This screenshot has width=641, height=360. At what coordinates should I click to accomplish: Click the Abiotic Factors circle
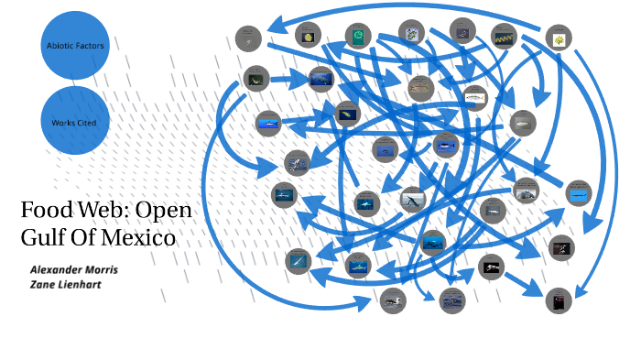click(x=75, y=43)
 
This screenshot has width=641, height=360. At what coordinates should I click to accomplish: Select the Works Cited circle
click(x=75, y=121)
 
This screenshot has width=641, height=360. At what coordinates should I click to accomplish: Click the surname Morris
click(x=102, y=269)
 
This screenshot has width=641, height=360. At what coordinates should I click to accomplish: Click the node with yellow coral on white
click(x=559, y=38)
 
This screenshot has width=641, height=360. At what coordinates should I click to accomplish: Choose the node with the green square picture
click(x=357, y=36)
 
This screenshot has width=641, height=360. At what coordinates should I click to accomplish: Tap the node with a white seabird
click(x=393, y=300)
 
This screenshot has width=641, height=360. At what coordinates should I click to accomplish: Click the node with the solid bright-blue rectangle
click(x=579, y=193)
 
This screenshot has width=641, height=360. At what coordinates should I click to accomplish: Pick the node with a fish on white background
click(x=474, y=95)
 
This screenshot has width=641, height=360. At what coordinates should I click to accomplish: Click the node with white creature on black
click(x=492, y=267)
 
